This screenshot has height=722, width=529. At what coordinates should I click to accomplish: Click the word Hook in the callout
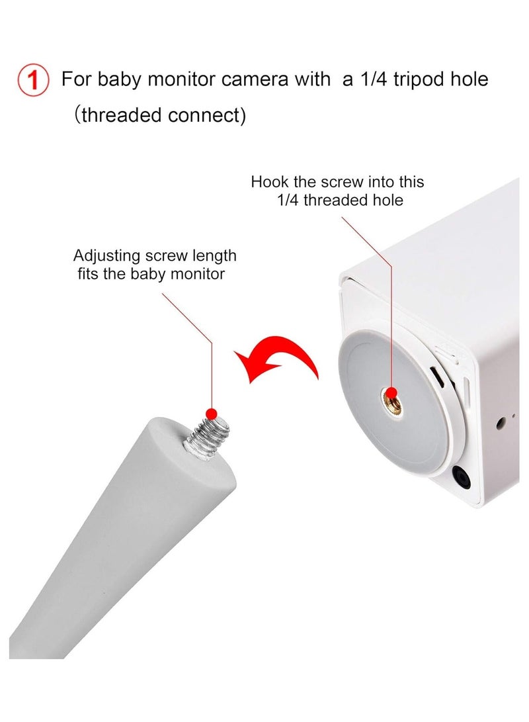(268, 182)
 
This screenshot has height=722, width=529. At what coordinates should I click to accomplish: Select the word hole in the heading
(468, 79)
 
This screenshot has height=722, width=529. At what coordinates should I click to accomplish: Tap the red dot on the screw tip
(212, 414)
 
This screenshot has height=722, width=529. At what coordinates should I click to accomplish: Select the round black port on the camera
(461, 478)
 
